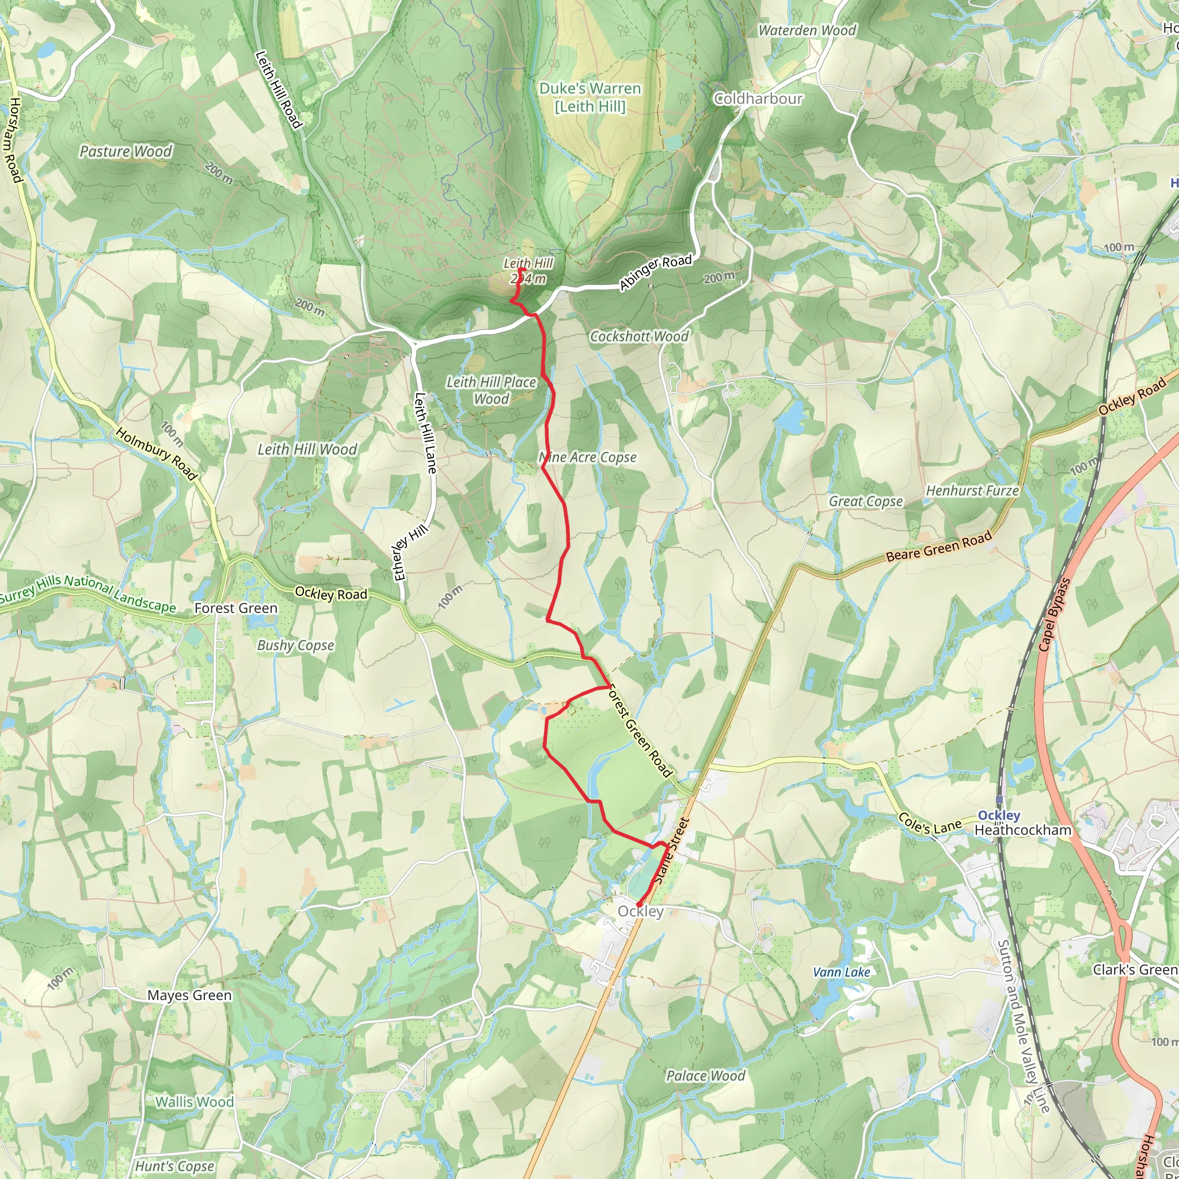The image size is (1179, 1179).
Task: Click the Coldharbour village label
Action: [758, 98]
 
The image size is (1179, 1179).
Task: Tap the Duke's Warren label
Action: [589, 97]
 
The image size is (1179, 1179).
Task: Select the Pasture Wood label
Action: [125, 151]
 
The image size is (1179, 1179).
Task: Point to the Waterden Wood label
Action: [807, 30]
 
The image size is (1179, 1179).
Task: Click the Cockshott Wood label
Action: [638, 336]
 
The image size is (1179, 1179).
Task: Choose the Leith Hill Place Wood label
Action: [491, 390]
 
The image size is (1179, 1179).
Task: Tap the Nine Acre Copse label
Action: [588, 457]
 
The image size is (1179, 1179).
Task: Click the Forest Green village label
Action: [235, 608]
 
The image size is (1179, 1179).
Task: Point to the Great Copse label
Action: [865, 501]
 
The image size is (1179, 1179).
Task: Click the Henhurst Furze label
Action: [972, 490]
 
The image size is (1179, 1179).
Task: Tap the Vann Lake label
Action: [841, 972]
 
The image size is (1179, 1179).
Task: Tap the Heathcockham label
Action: [1023, 830]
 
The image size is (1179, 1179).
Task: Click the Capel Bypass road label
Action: [1055, 614]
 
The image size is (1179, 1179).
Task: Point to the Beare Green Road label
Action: [938, 547]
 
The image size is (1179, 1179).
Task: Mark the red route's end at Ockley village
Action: [638, 905]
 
